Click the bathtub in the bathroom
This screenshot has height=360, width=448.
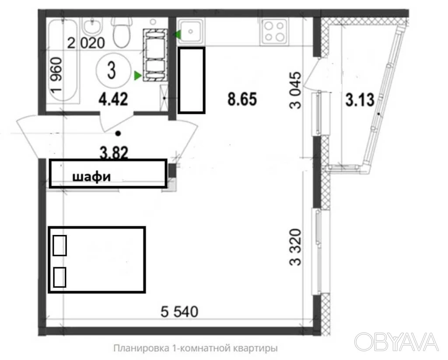coord(63,60)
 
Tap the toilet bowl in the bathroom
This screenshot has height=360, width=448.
coord(121,33)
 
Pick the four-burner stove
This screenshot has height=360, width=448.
coord(273,31)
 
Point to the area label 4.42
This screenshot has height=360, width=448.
coord(113,100)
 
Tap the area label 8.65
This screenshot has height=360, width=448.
coord(242,99)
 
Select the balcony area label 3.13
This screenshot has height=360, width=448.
coord(360,100)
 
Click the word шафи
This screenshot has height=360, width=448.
coord(91,177)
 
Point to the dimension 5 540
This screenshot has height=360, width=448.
coord(179,311)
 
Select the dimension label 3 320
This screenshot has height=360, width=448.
coord(295,247)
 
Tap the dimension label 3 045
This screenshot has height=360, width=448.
coord(295,90)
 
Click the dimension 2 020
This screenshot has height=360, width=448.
coord(86,43)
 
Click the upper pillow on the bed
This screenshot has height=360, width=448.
coord(59,245)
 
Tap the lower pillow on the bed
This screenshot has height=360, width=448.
coord(59,277)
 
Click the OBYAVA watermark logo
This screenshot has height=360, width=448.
coord(396,342)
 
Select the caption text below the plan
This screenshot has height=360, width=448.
coord(196,349)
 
